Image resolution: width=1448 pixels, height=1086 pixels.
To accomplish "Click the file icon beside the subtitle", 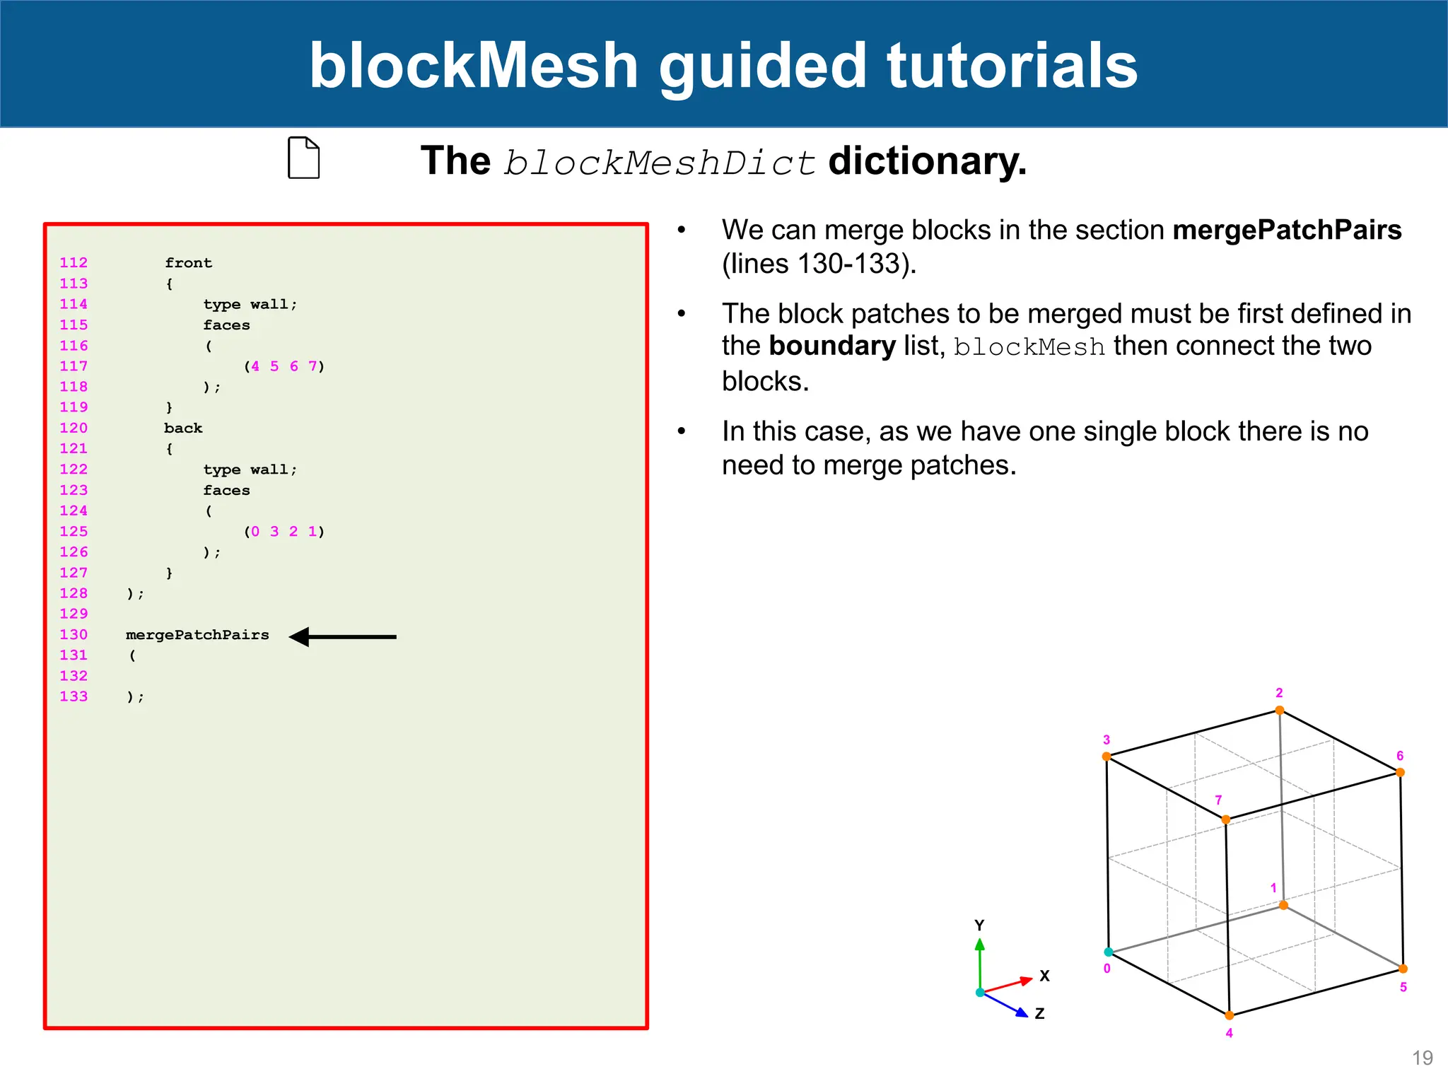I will point(304,158).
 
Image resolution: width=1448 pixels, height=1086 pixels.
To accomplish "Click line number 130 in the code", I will point(74,635).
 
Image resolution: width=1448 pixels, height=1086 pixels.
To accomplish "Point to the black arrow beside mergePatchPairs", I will point(344,637).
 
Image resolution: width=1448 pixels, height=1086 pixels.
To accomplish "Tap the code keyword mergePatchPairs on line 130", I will point(197,635).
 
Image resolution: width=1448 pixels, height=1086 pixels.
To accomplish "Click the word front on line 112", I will point(188,263).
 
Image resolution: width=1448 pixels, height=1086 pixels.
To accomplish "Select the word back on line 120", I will point(183,428).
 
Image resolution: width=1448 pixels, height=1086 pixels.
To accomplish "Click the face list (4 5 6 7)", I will point(284,366).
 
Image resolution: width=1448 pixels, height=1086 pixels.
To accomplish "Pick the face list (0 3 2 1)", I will point(284,532).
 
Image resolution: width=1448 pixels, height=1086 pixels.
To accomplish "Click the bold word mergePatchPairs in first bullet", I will point(1287,230).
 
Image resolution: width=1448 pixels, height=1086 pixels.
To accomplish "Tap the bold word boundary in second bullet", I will point(832,346).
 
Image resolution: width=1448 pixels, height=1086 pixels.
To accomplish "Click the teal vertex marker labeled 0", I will point(1109,952).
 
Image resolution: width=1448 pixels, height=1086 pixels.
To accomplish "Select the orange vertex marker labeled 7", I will point(1226,820).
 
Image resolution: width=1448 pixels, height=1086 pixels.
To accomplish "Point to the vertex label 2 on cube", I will point(1279,693).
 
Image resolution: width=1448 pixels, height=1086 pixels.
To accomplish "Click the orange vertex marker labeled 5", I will point(1403,969).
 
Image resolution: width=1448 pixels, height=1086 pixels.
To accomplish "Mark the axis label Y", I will point(979,926).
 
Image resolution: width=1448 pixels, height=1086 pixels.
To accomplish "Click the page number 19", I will point(1422,1058).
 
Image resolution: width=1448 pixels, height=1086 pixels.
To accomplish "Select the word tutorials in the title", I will point(1012,65).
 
